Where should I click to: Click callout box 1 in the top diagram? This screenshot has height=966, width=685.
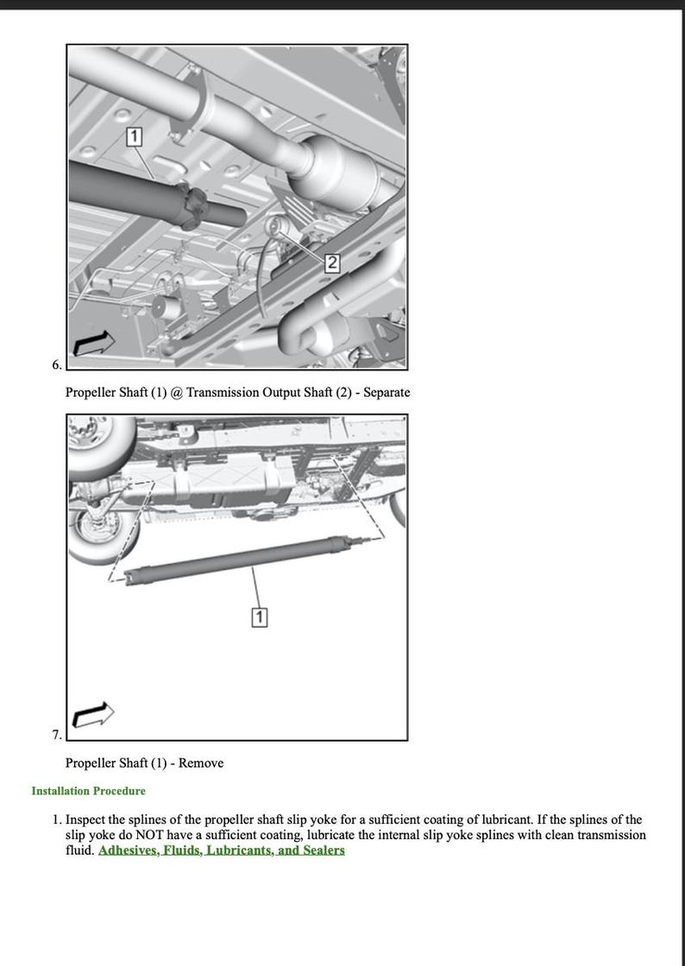(x=134, y=136)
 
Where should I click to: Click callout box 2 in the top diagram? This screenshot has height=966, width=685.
(x=332, y=264)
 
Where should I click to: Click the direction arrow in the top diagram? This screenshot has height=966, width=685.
(x=93, y=342)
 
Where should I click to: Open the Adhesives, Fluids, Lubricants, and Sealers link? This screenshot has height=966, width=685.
(x=222, y=850)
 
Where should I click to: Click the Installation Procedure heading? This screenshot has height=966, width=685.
(x=88, y=791)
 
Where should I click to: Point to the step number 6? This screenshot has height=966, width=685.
(x=56, y=365)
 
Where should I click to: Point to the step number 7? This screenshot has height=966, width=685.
(x=56, y=735)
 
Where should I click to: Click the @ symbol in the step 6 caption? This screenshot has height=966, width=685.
(x=177, y=392)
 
